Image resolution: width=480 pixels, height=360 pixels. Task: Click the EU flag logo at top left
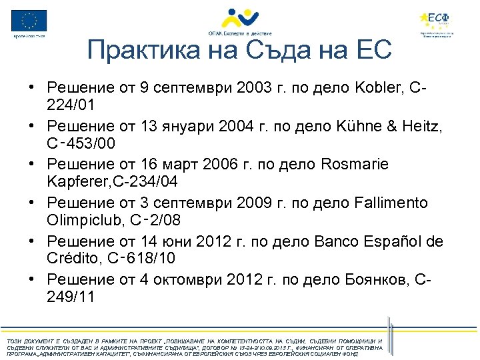click(29, 21)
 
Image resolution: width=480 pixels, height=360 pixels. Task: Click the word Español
click(386, 241)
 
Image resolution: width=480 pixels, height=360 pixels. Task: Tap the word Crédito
click(74, 258)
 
